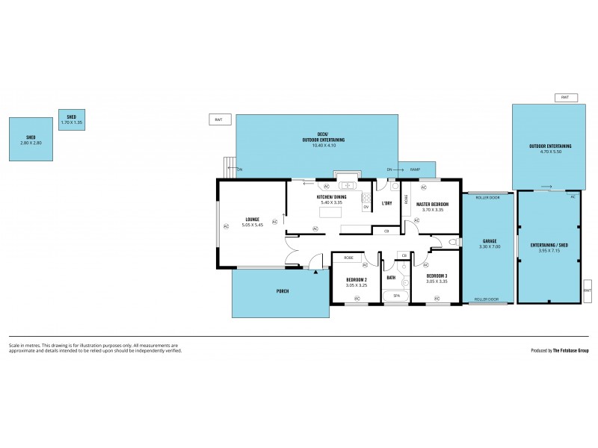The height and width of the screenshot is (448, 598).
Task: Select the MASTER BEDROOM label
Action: pos(432,204)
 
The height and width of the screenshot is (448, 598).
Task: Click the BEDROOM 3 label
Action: pos(437,276)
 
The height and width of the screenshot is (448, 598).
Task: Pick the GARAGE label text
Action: pos(489,241)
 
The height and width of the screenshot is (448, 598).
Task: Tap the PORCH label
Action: pos(283,290)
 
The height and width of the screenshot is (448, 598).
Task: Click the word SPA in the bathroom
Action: pos(396,296)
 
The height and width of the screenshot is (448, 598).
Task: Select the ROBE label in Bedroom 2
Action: pos(348,258)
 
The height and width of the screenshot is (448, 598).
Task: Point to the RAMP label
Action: pos(415,170)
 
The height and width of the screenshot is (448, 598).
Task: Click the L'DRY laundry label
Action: pos(387,203)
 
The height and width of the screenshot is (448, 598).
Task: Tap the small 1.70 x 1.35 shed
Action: pos(71,119)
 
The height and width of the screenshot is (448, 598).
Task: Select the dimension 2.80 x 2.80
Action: pos(31,143)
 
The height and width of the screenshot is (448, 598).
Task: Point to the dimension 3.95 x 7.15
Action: pos(549,250)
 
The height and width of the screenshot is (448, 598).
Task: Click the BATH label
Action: pos(391,278)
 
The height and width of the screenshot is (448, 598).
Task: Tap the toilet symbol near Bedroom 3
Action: pos(452,243)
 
